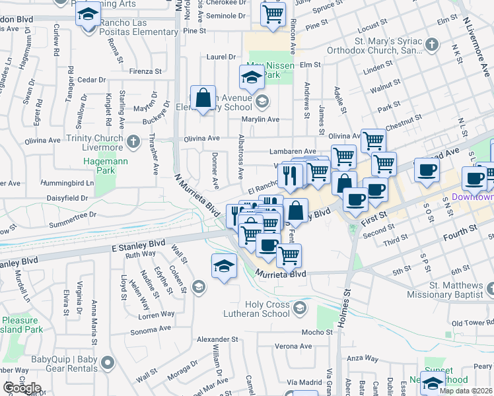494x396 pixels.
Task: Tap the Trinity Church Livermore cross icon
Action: (133, 141)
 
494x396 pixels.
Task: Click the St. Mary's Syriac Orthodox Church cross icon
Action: (431, 46)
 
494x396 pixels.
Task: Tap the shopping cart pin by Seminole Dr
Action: (273, 13)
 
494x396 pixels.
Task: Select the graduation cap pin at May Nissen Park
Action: (251, 79)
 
